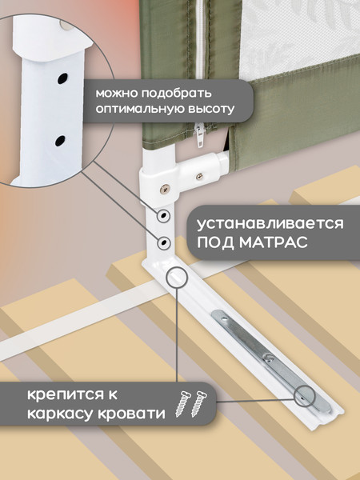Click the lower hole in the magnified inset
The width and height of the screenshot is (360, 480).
(x=59, y=141)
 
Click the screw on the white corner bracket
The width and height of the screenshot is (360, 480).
(x=165, y=189)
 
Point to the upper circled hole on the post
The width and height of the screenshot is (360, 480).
(x=162, y=216)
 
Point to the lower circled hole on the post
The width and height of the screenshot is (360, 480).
(x=163, y=241)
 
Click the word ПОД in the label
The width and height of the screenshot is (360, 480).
(x=218, y=243)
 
